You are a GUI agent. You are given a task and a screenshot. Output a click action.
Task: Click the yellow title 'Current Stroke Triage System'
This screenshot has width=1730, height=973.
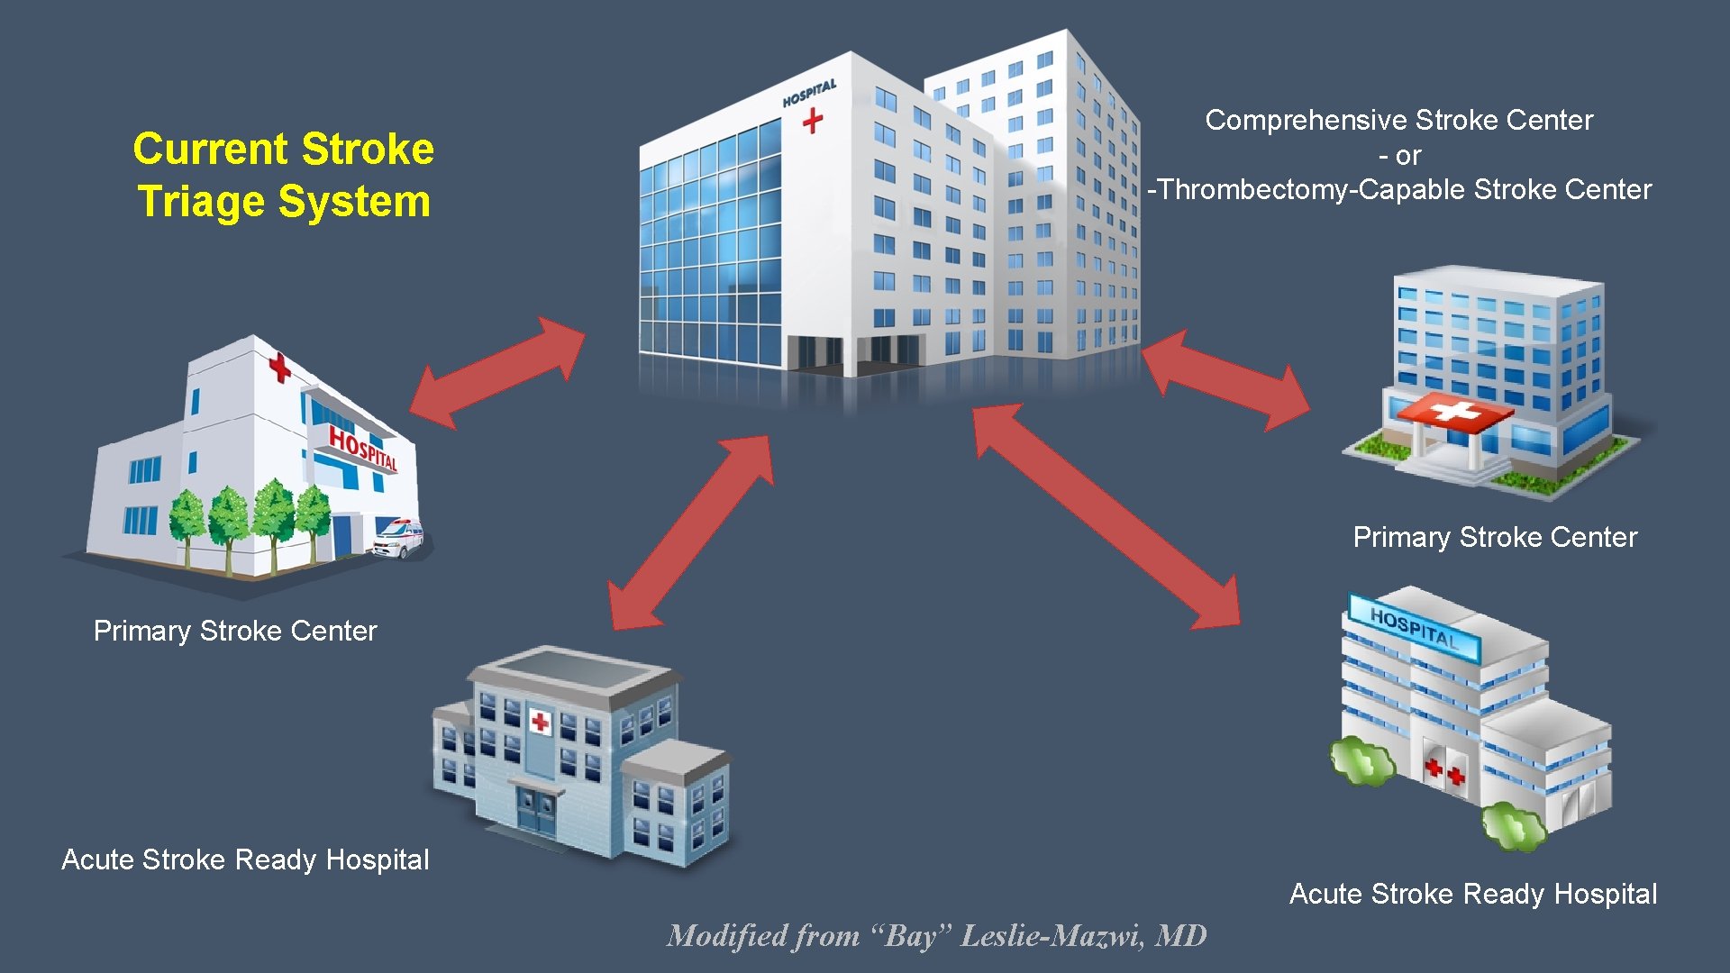283,175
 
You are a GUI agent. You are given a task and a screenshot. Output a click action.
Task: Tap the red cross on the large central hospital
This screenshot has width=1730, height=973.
813,120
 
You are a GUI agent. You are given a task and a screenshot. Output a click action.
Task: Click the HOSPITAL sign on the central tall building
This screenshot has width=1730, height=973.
809,93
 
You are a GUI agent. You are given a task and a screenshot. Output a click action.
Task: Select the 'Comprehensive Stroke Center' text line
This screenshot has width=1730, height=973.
1398,120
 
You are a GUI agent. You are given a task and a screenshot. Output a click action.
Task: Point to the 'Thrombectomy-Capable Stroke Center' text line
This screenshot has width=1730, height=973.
1402,190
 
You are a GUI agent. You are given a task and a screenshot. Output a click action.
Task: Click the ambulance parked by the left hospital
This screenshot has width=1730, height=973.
397,538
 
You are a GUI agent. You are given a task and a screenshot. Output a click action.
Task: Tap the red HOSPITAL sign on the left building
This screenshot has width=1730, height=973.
362,448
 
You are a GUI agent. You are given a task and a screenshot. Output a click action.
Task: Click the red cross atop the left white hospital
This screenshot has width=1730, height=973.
280,367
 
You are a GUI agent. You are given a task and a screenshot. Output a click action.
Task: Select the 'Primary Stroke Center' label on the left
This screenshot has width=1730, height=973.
235,631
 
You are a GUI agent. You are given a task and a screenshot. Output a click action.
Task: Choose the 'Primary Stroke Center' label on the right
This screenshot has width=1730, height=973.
1495,537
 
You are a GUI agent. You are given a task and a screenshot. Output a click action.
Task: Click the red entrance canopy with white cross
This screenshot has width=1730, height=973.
1453,414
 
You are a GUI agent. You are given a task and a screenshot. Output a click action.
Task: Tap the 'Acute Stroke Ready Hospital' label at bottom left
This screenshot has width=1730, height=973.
245,859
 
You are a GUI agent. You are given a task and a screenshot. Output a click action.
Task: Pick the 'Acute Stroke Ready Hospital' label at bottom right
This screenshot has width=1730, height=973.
1473,894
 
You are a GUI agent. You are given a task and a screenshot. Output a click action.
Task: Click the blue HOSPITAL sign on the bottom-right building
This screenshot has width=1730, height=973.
1413,628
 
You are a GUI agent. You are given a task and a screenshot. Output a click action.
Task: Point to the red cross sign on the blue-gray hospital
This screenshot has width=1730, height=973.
541,722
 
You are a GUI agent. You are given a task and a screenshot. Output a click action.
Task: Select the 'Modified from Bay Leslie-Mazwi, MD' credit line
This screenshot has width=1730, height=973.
936,936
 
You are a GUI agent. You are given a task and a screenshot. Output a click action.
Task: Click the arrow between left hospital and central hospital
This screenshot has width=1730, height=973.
497,371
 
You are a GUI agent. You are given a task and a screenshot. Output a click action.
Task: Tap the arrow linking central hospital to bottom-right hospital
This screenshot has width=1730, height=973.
1107,515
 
